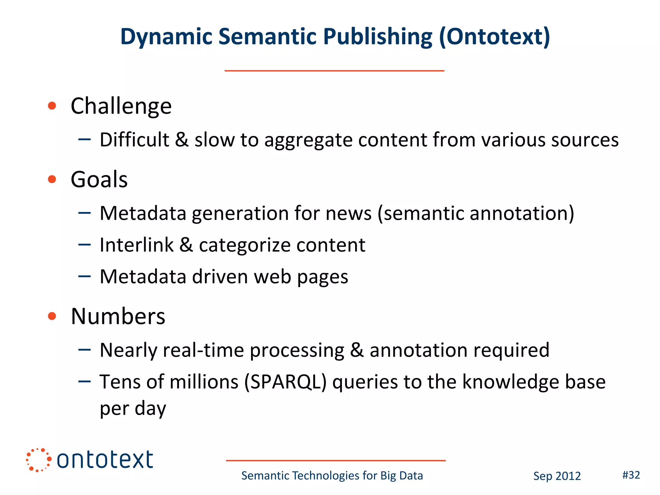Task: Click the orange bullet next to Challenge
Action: (x=52, y=106)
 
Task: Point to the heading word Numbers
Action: (x=118, y=316)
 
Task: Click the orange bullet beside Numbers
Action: (x=52, y=316)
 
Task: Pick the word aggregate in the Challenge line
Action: (x=308, y=140)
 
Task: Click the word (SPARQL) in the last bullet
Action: (x=285, y=382)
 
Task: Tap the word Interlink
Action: (x=137, y=245)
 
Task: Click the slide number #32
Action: (x=631, y=475)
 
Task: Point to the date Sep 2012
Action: (x=557, y=476)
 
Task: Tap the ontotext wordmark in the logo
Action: (x=105, y=460)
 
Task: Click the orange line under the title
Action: (x=334, y=71)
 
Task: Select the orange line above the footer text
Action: (x=335, y=461)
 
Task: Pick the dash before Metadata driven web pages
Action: (x=84, y=276)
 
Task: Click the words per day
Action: (x=133, y=409)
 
